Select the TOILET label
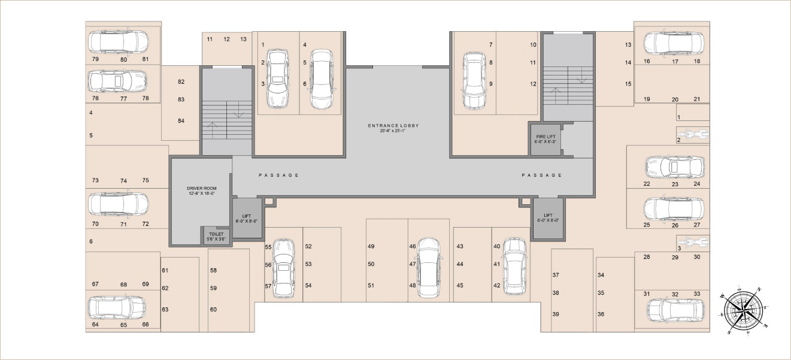[x=216, y=235]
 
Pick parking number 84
[x=181, y=121]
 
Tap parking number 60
[x=213, y=310]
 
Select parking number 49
[x=371, y=247]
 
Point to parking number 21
[x=696, y=99]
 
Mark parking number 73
[x=95, y=181]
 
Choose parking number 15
[x=628, y=84]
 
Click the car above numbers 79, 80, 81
[x=118, y=41]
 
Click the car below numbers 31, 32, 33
[x=674, y=310]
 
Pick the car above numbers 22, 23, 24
[x=674, y=167]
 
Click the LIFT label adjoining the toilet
[x=247, y=218]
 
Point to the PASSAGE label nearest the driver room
[x=278, y=175]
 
